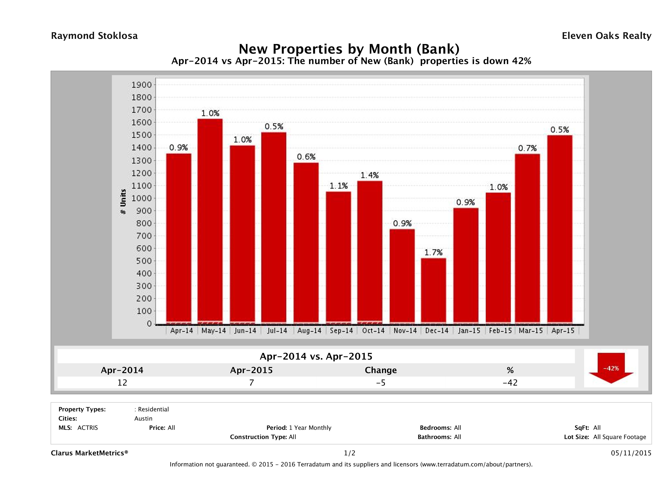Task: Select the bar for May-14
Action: click(210, 221)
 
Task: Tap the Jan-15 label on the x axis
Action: click(469, 331)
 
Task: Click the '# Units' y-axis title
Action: click(123, 202)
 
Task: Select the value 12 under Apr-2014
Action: click(122, 383)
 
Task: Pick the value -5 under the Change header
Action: click(381, 383)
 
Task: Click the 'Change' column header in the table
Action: click(381, 370)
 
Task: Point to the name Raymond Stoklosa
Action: click(94, 36)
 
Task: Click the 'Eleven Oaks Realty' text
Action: click(606, 36)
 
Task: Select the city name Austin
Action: click(143, 419)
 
